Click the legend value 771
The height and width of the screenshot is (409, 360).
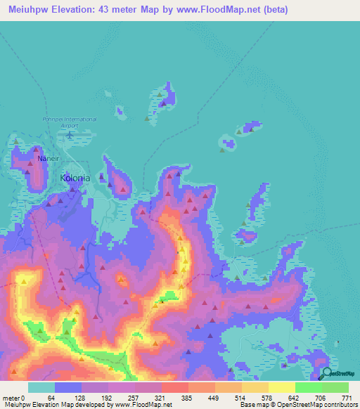point(347,398)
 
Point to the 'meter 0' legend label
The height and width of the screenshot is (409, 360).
point(13,398)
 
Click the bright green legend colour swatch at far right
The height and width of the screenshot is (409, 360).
point(335,387)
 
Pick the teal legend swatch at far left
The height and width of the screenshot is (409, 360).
point(41,387)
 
